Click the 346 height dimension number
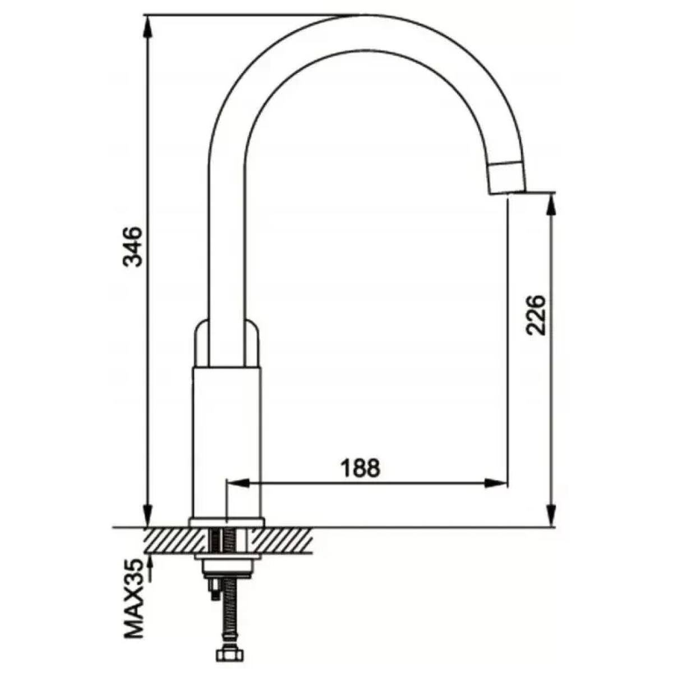(x=134, y=247)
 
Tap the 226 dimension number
(x=536, y=316)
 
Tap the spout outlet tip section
(x=506, y=177)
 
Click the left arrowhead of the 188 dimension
(x=237, y=483)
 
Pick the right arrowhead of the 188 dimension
(x=496, y=483)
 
